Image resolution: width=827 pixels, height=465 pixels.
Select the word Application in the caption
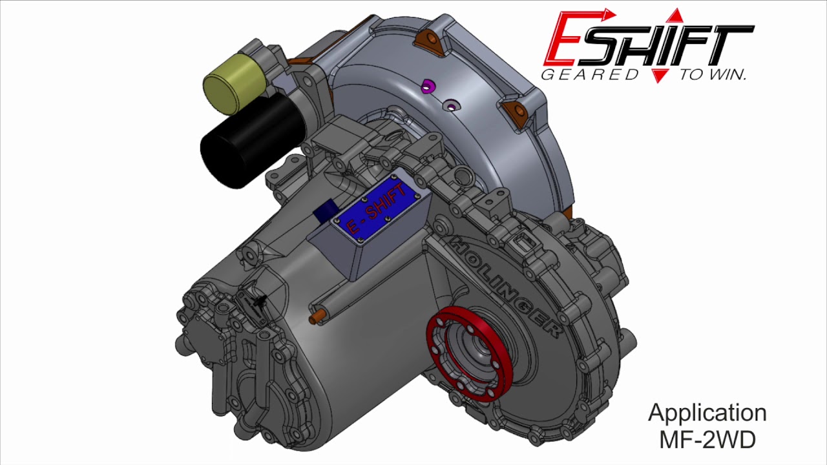[x=707, y=413]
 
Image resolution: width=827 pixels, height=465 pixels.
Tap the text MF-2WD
[x=707, y=440]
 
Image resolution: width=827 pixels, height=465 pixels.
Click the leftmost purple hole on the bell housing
[x=426, y=87]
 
